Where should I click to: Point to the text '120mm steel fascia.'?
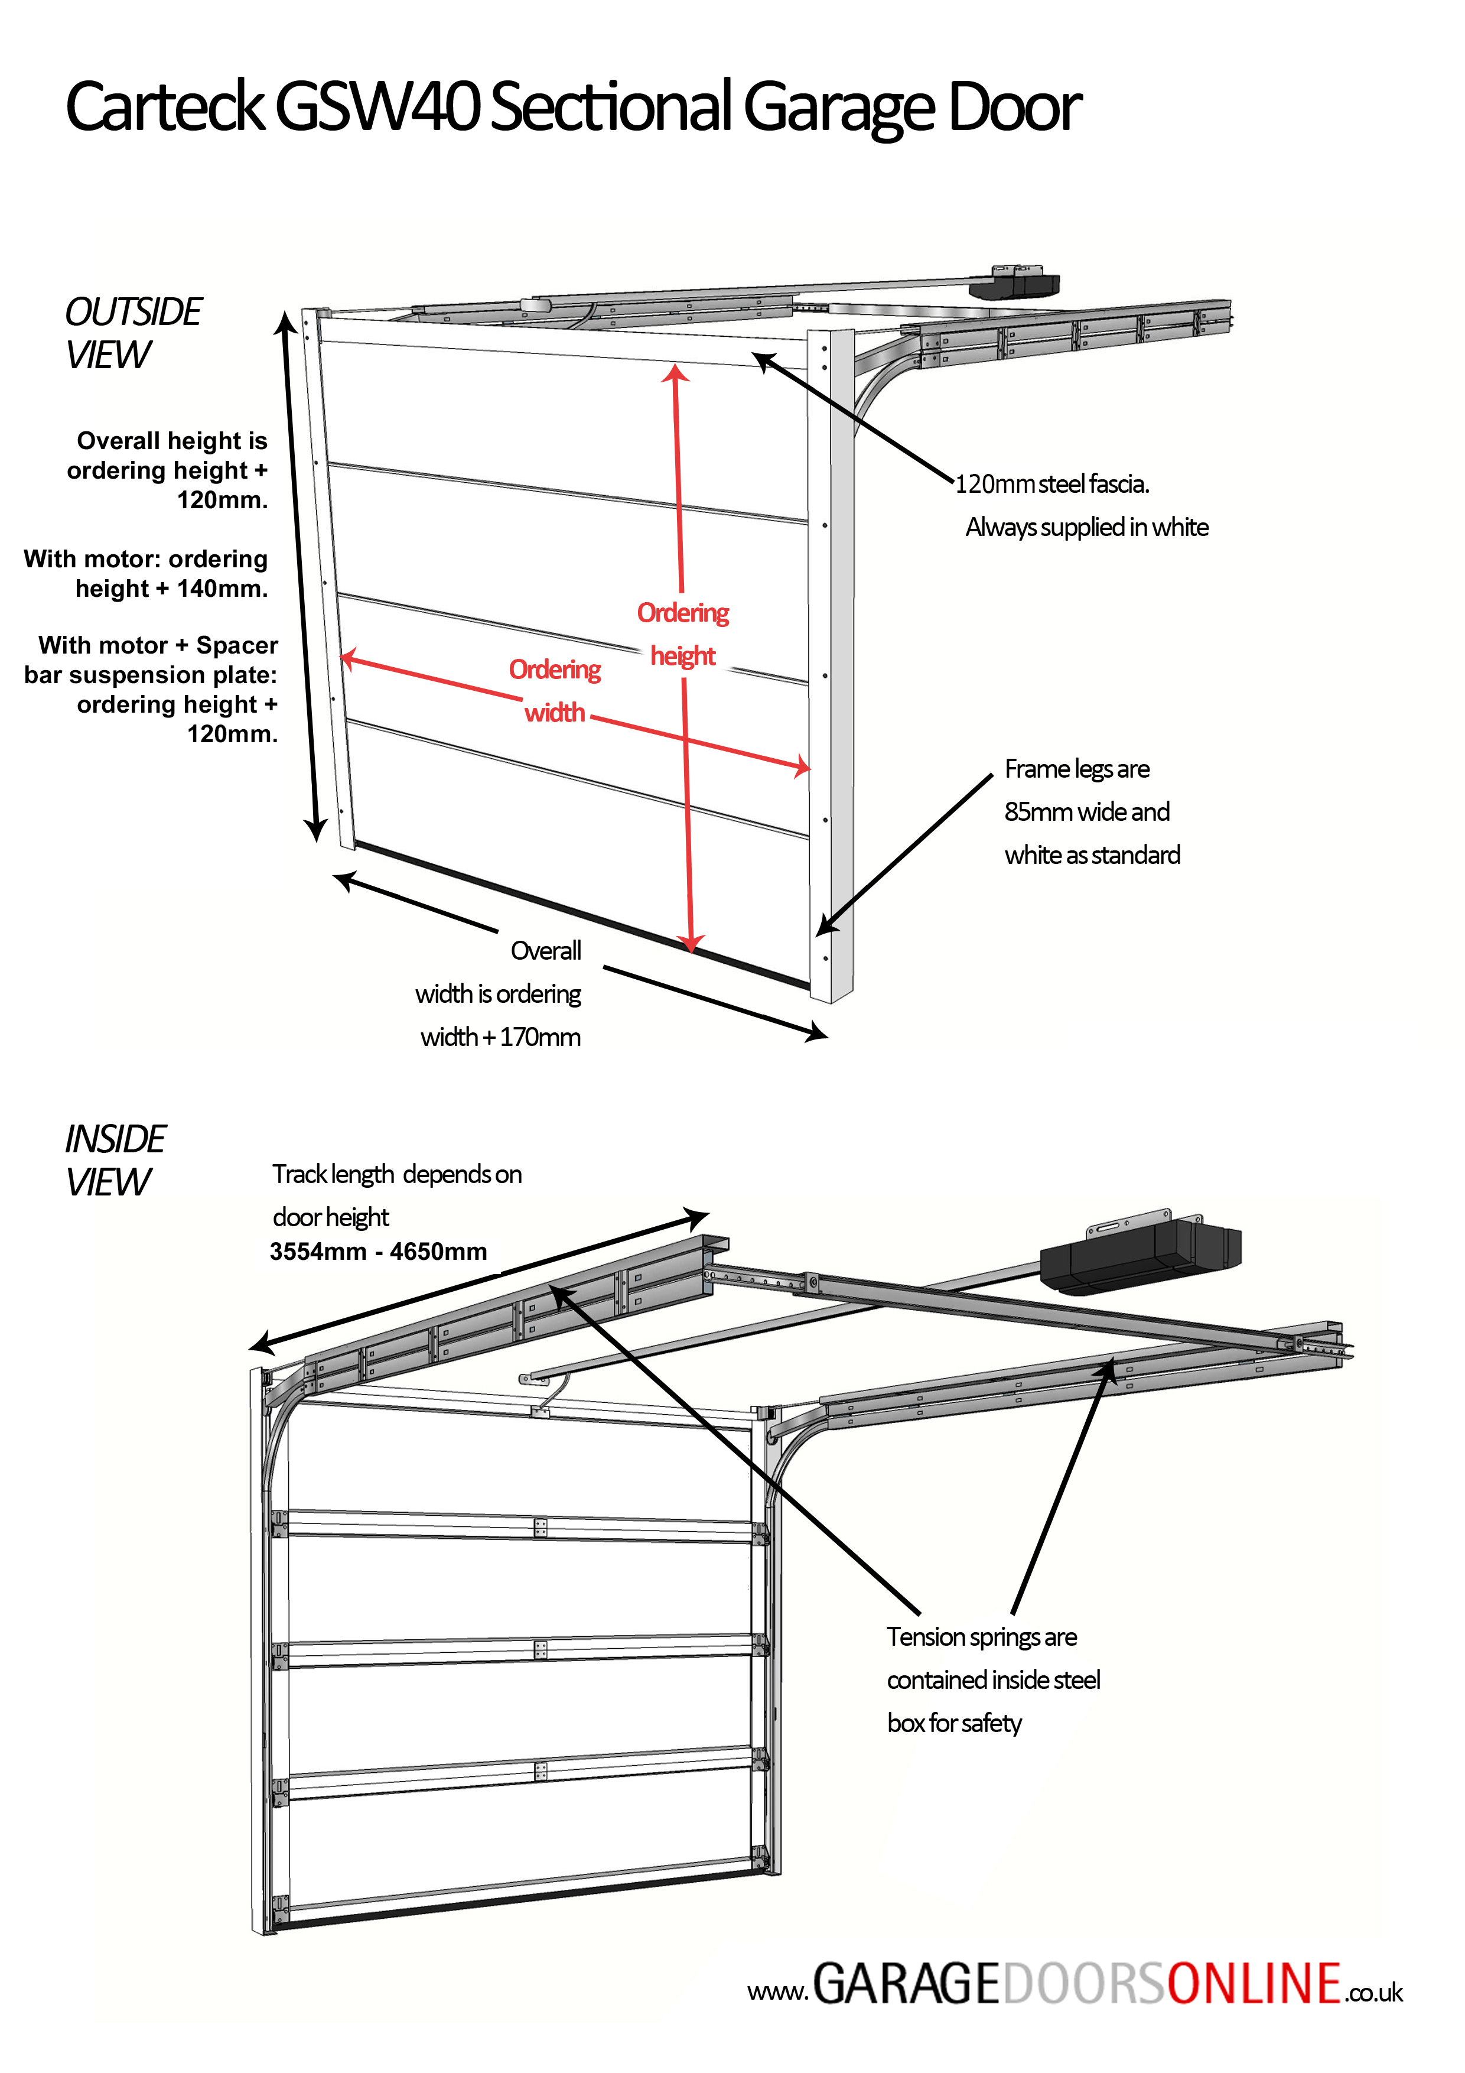tap(1051, 485)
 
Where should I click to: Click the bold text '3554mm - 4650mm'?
tap(378, 1252)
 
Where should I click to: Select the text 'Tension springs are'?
tap(981, 1637)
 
